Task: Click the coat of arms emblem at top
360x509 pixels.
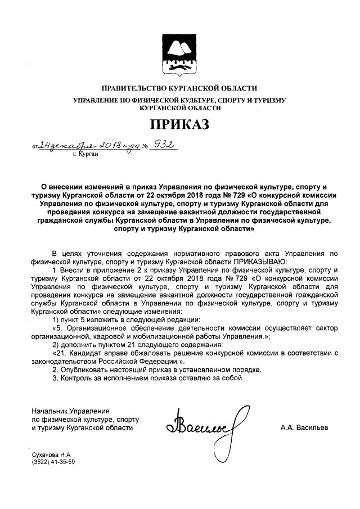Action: coord(179,55)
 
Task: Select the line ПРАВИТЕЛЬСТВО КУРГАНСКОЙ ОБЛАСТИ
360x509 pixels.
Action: coord(179,88)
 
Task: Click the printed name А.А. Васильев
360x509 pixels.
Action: coord(304,428)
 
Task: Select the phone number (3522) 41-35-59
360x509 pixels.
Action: coord(54,462)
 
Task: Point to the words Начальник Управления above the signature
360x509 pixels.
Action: coord(70,411)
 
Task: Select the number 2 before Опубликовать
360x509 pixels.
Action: coord(55,370)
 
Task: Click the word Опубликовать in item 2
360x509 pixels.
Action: coord(83,370)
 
